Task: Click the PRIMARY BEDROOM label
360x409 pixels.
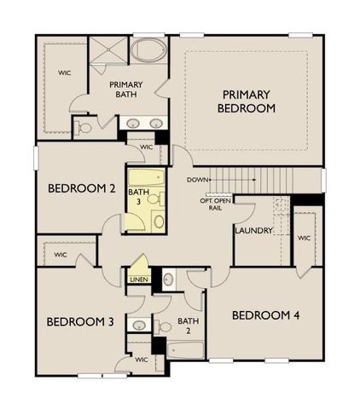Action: [x=247, y=101]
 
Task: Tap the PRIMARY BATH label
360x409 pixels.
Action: [x=128, y=89]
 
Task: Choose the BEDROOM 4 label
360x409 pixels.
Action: [x=267, y=314]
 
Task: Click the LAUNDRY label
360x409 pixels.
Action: [x=253, y=231]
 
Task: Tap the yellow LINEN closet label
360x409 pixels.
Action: [x=137, y=279]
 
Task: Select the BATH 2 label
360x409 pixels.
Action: [x=184, y=326]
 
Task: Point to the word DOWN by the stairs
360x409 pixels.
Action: [x=198, y=180]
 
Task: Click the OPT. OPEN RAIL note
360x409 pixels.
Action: [x=216, y=204]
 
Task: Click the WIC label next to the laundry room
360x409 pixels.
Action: [x=304, y=239]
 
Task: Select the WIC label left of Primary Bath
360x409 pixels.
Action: [x=64, y=72]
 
